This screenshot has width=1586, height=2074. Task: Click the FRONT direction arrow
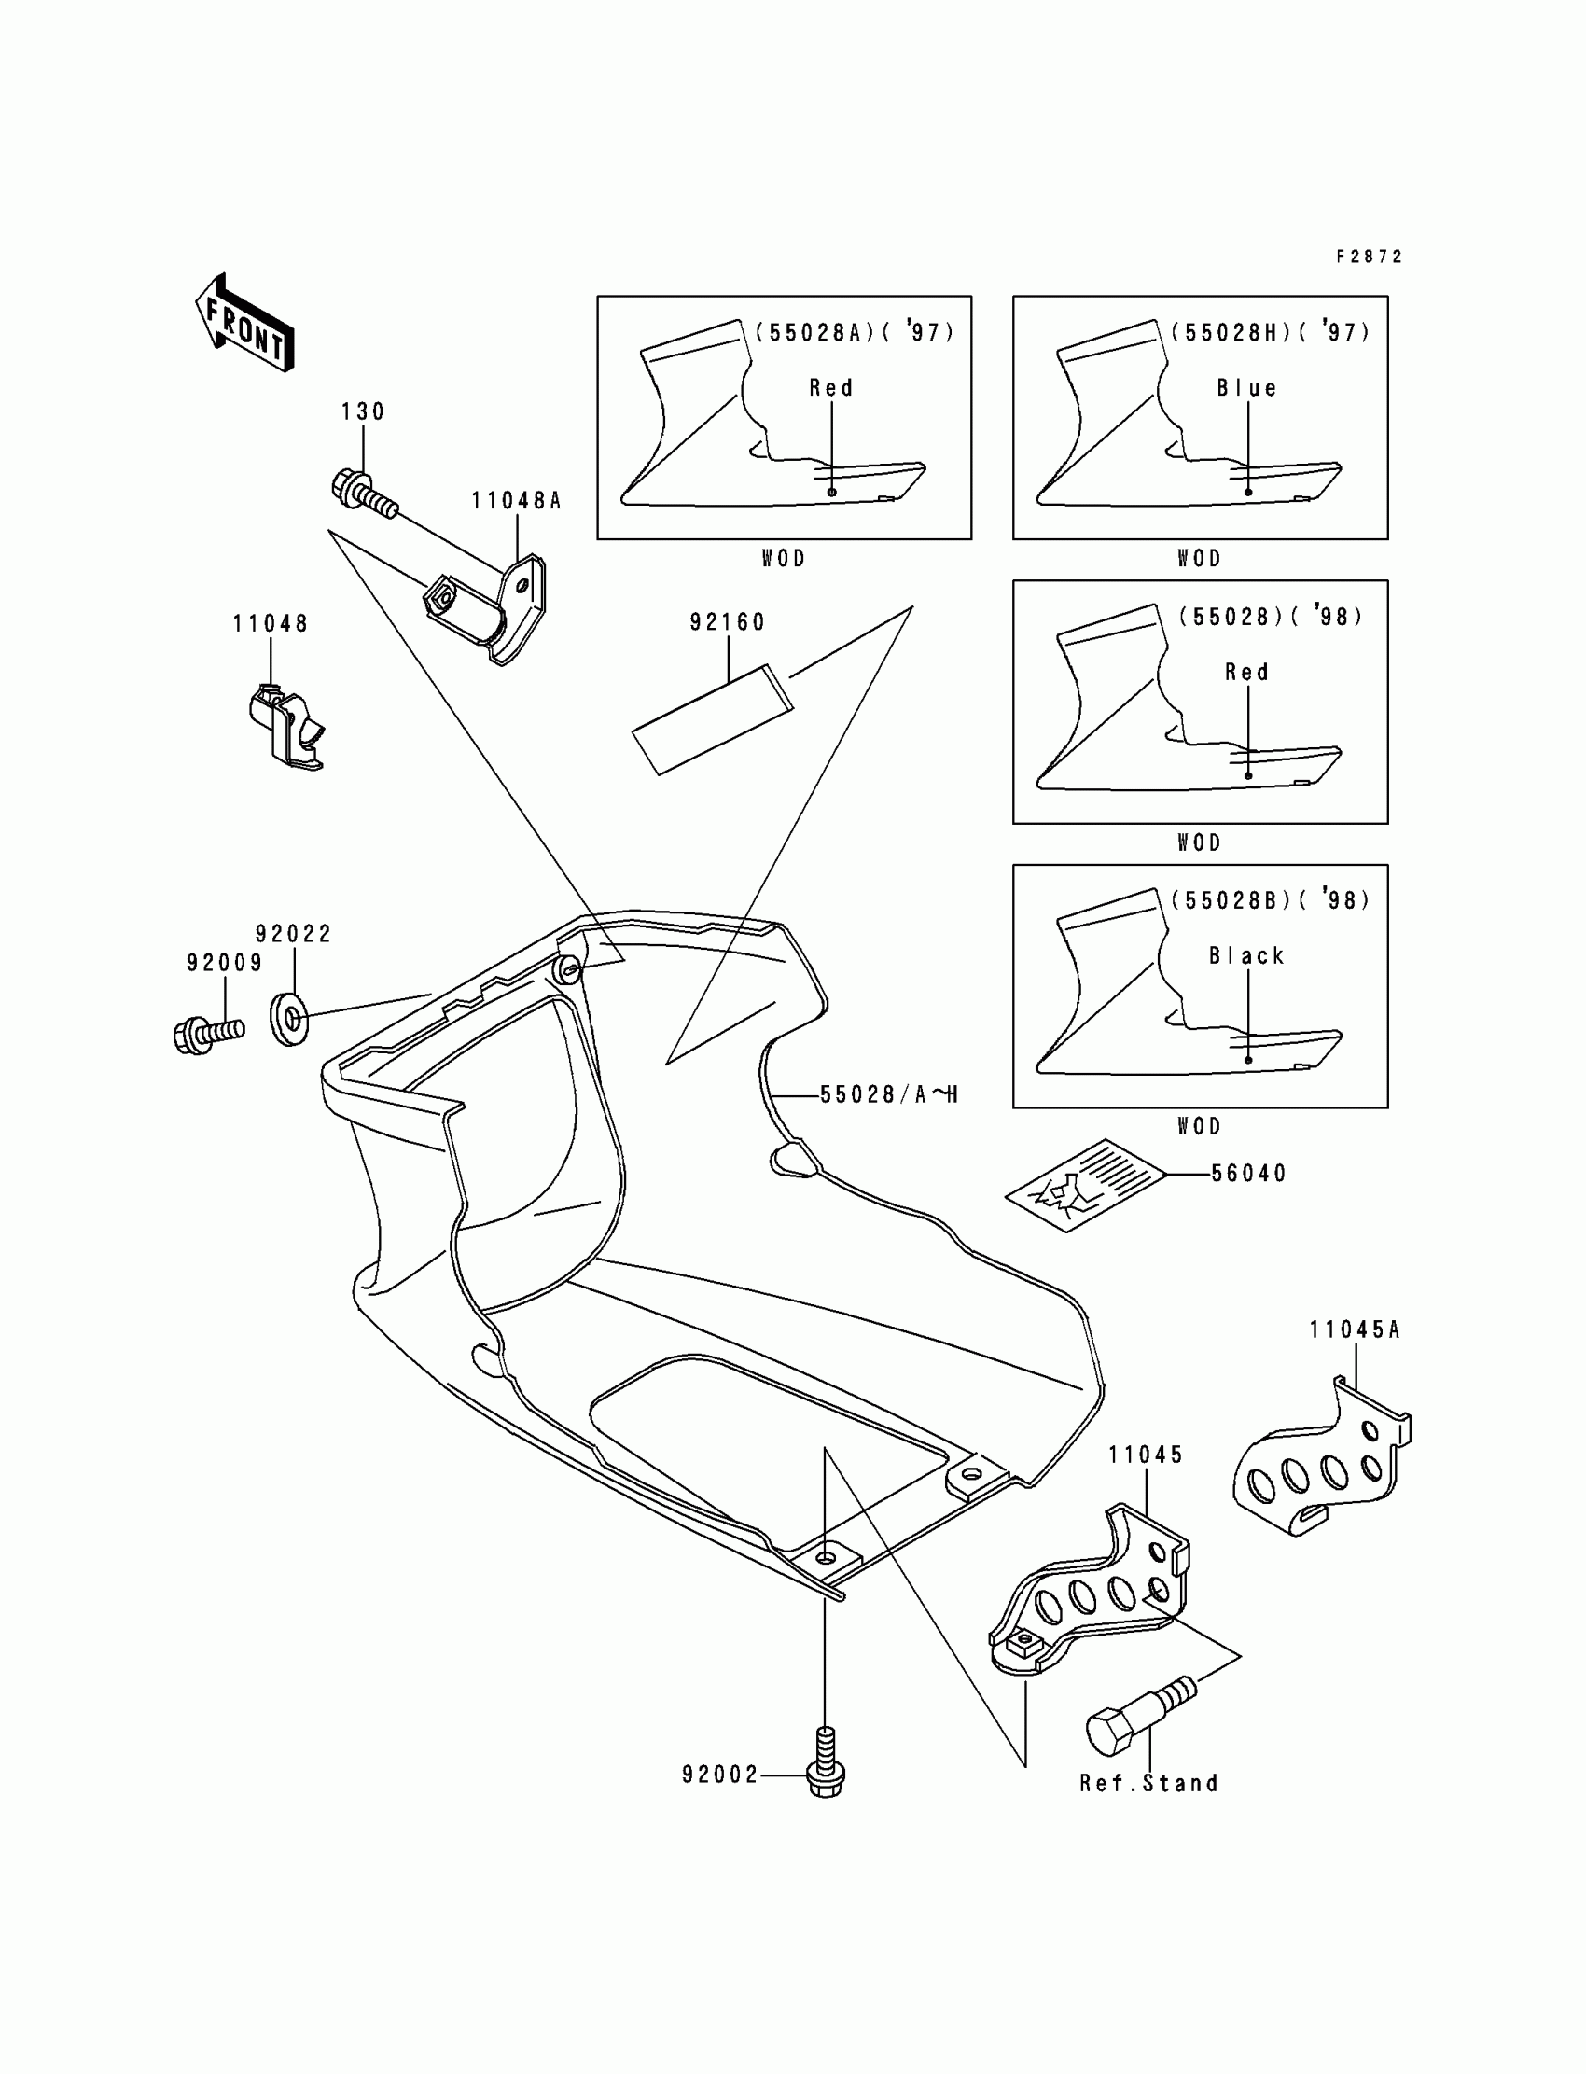[x=243, y=323]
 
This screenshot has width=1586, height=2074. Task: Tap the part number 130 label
[x=363, y=411]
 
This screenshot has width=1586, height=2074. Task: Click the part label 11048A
[x=517, y=501]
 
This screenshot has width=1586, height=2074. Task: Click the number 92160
[x=727, y=622]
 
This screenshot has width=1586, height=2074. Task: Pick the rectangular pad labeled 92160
[x=712, y=719]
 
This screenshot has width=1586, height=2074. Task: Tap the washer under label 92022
[x=290, y=1019]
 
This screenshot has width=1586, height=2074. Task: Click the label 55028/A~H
[x=888, y=1095]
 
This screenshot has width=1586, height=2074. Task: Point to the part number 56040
[x=1248, y=1174]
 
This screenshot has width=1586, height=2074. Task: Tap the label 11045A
[x=1354, y=1330]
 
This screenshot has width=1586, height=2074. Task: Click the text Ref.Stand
[x=1148, y=1783]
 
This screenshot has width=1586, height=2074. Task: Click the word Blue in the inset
[x=1246, y=388]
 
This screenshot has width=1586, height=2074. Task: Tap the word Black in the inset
[x=1246, y=956]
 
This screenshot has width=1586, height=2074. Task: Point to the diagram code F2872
[x=1369, y=257]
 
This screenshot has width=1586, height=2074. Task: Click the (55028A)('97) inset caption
[x=855, y=332]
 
